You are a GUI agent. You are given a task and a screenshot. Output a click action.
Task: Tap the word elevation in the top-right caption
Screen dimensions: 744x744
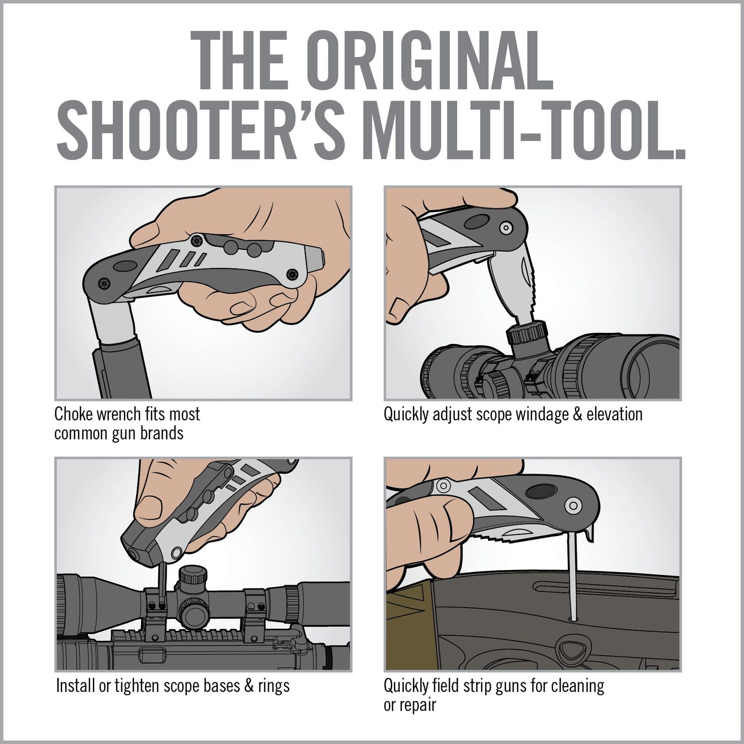614,414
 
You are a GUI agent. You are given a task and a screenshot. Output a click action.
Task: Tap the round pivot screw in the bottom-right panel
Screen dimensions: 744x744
573,506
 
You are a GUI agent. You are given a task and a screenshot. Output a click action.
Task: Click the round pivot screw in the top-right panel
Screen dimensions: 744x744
506,227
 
